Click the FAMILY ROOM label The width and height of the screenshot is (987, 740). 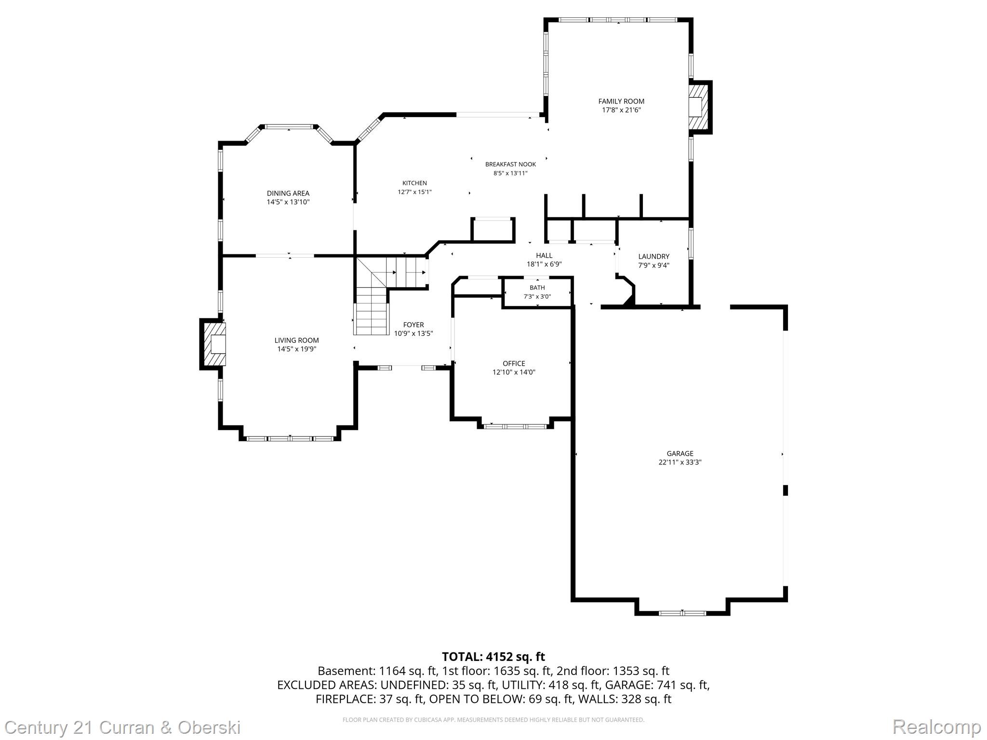621,101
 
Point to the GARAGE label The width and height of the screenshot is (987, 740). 680,453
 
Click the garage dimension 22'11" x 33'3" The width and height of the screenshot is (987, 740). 680,462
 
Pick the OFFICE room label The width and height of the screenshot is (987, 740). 514,363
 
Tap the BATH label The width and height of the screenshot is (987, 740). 537,288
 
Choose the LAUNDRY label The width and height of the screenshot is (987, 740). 654,256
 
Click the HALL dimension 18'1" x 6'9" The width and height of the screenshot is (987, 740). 544,264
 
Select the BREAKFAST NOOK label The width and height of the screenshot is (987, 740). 510,164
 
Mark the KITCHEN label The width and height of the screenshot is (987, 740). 414,183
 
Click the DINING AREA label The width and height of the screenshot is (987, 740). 288,193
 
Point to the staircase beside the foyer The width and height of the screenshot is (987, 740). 372,308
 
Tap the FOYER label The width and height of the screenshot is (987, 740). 413,325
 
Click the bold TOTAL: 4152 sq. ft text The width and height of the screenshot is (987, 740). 493,657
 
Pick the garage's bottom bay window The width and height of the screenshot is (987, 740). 682,613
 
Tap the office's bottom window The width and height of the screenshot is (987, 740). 515,426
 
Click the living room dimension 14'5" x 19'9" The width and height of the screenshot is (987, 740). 296,349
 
